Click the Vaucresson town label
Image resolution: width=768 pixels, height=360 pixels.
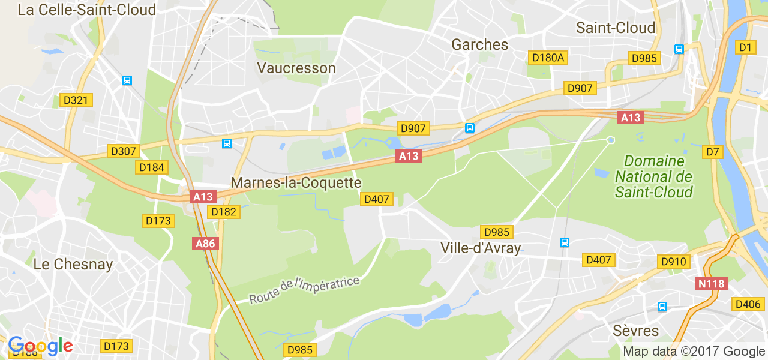(296, 68)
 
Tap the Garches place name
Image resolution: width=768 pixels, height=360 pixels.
(479, 44)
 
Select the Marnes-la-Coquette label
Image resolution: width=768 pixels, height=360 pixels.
(296, 182)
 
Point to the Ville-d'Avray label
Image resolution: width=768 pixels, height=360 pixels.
(481, 248)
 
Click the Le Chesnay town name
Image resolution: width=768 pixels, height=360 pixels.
(73, 264)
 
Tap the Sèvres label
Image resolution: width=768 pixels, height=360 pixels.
(636, 331)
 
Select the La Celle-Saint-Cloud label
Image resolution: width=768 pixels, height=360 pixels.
(87, 10)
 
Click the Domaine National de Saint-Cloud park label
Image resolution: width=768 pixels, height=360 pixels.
(653, 176)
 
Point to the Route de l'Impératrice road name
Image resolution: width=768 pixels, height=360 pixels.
(304, 290)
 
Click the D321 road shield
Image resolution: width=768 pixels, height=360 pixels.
(76, 100)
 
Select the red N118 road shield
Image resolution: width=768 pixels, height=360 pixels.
(712, 284)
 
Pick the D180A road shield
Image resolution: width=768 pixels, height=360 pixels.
(548, 58)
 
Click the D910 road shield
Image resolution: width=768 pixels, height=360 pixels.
(674, 262)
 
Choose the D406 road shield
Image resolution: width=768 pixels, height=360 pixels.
(748, 304)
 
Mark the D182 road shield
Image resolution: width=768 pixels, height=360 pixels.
(224, 211)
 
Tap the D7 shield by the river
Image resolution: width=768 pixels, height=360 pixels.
(712, 152)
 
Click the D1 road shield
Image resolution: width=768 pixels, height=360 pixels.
(745, 47)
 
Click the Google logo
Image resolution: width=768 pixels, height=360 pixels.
(40, 346)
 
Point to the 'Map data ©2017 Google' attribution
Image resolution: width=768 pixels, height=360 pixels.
(694, 352)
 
